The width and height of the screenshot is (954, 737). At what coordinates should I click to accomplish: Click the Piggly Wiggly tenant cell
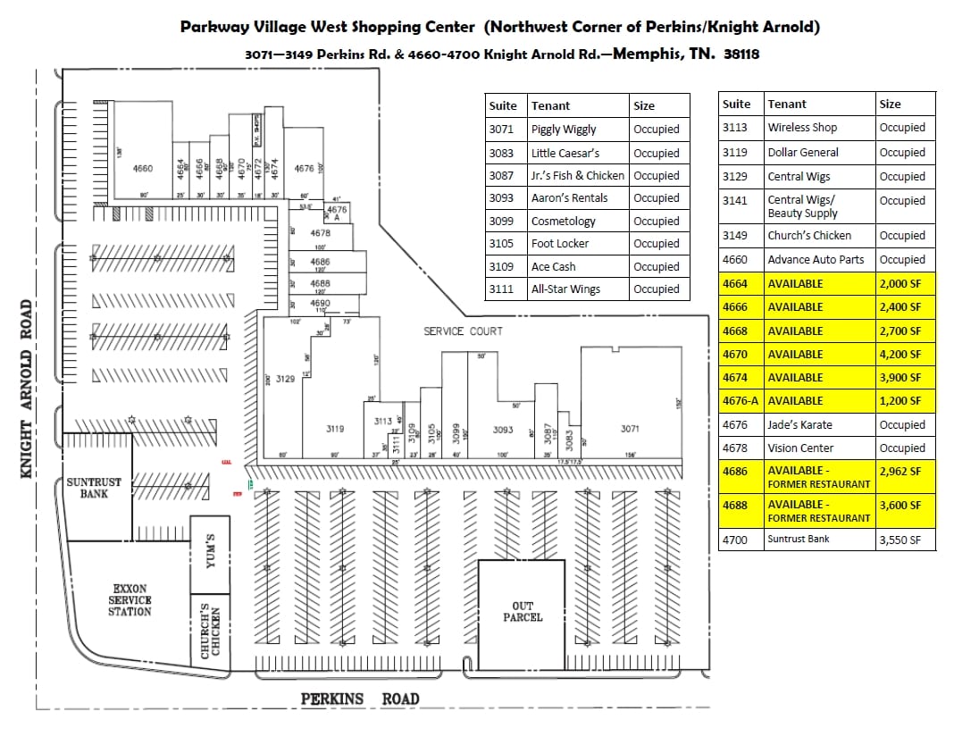[x=564, y=130]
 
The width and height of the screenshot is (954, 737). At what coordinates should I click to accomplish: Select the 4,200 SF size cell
[x=901, y=354]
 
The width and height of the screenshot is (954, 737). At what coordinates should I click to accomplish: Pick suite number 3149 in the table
[x=736, y=236]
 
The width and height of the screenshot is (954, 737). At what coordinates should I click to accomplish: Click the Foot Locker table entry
[x=560, y=243]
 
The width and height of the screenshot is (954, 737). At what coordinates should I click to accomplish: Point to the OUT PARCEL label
[x=523, y=612]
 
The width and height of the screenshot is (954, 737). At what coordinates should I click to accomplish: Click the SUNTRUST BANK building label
[x=94, y=488]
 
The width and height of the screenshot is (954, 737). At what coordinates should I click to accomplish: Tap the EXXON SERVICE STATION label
[x=130, y=600]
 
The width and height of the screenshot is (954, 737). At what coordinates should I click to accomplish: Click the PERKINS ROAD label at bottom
[x=359, y=699]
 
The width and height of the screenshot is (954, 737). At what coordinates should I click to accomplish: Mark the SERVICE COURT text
[x=463, y=331]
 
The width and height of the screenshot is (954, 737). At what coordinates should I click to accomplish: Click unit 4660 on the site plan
[x=142, y=168]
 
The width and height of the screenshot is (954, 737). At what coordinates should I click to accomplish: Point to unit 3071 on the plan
[x=630, y=429]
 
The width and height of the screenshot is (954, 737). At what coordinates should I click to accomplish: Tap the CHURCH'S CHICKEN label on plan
[x=211, y=631]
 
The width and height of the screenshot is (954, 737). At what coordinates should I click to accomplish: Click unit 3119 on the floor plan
[x=335, y=429]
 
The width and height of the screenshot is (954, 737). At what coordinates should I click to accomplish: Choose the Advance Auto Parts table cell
[x=816, y=260]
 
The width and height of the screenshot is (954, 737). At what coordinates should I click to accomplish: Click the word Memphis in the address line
[x=649, y=54]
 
